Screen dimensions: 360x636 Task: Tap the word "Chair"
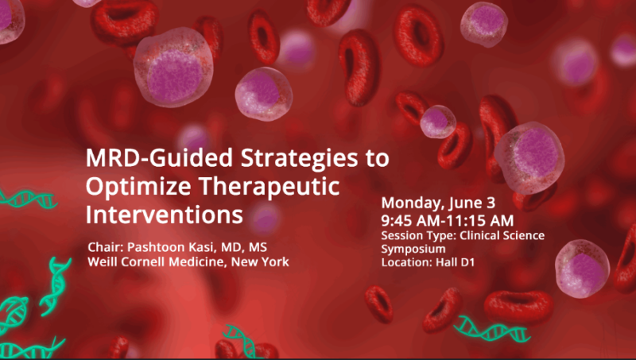(103, 248)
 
